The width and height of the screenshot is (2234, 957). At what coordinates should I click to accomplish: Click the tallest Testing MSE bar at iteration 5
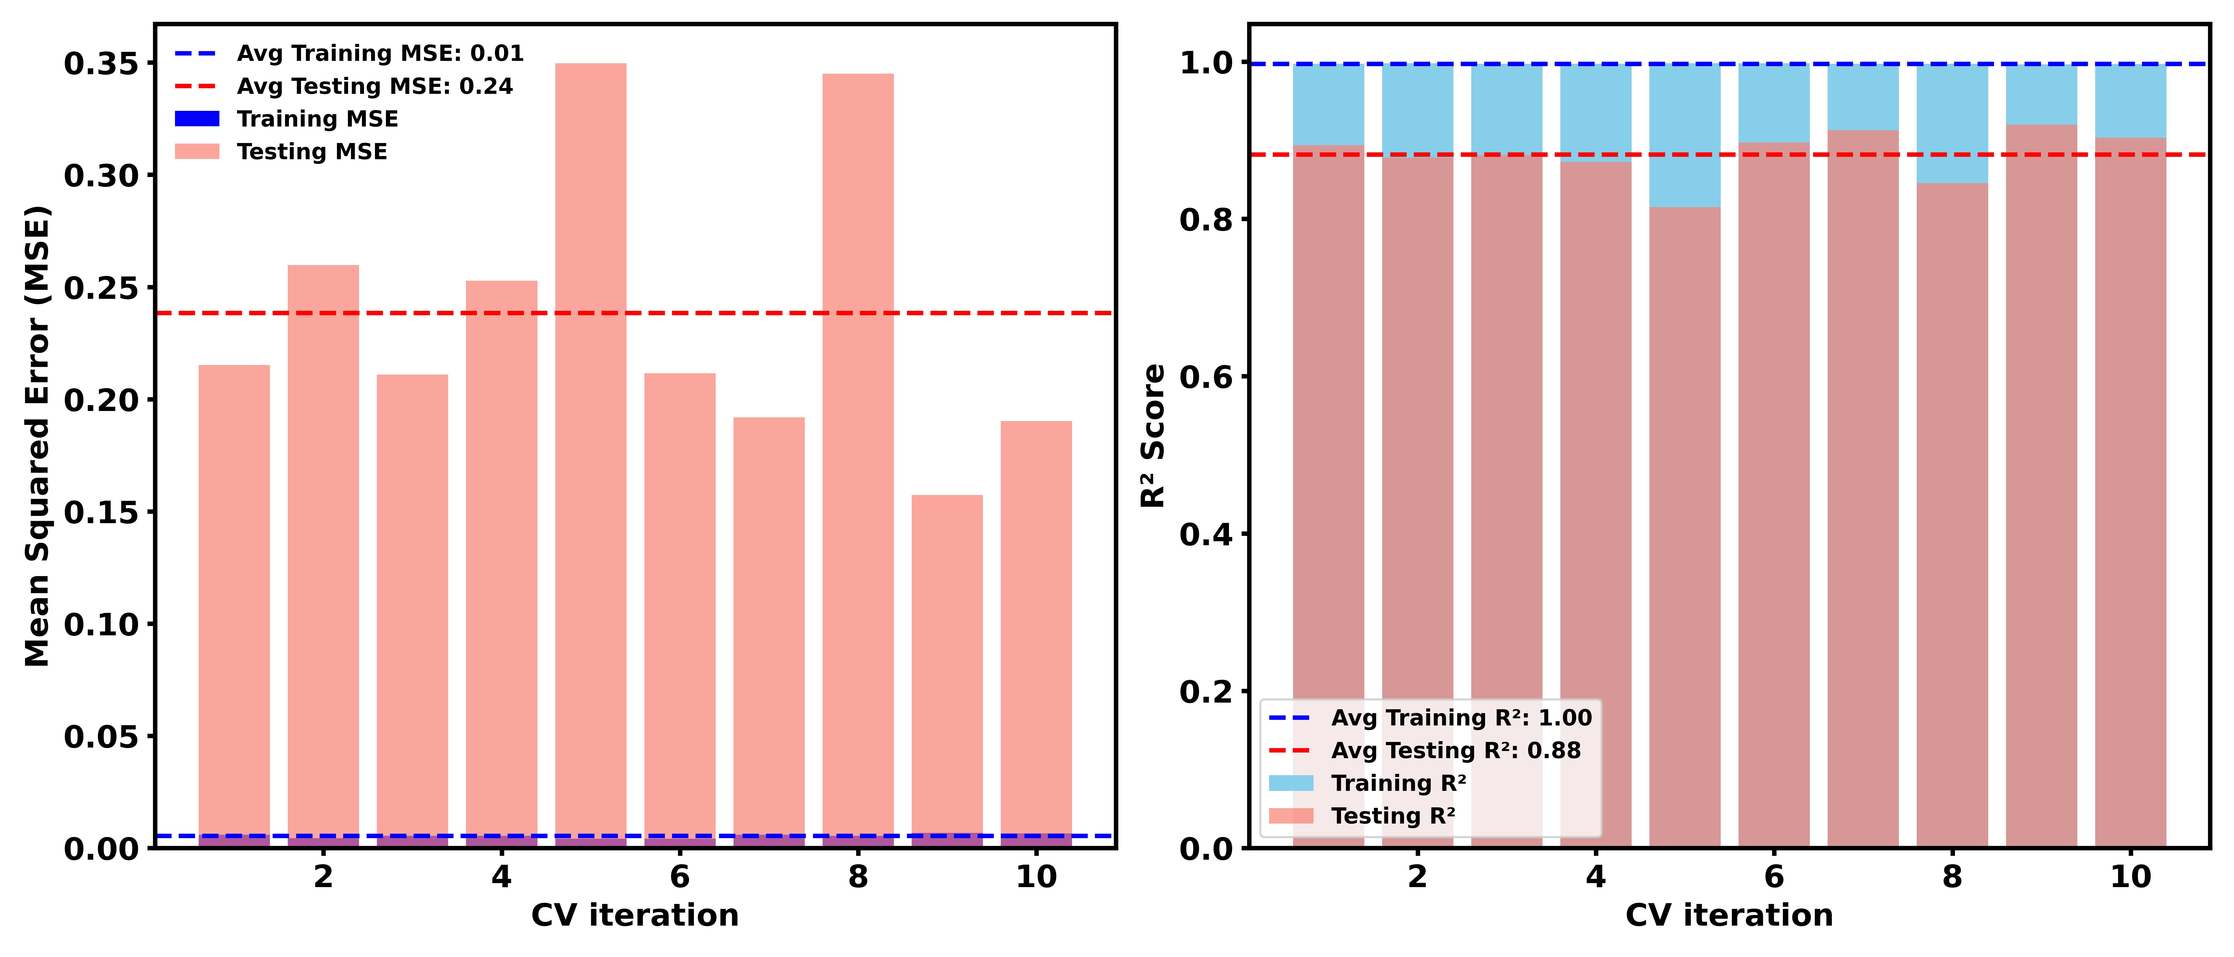[x=591, y=451]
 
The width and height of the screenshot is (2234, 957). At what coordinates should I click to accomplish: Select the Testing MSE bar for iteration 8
[x=858, y=459]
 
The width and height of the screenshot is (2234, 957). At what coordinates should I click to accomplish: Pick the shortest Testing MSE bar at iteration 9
[x=947, y=668]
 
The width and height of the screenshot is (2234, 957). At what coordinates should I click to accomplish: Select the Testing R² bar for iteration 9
[x=2041, y=485]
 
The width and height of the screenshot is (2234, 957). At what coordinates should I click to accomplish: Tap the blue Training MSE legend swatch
[x=197, y=119]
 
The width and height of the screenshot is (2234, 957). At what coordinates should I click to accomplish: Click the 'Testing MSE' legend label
[x=312, y=152]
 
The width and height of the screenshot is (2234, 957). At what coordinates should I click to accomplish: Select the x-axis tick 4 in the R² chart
[x=1596, y=877]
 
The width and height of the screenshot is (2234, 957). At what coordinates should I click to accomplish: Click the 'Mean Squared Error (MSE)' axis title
[x=36, y=436]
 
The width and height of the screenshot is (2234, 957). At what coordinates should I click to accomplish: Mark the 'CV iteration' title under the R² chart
[x=1728, y=915]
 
